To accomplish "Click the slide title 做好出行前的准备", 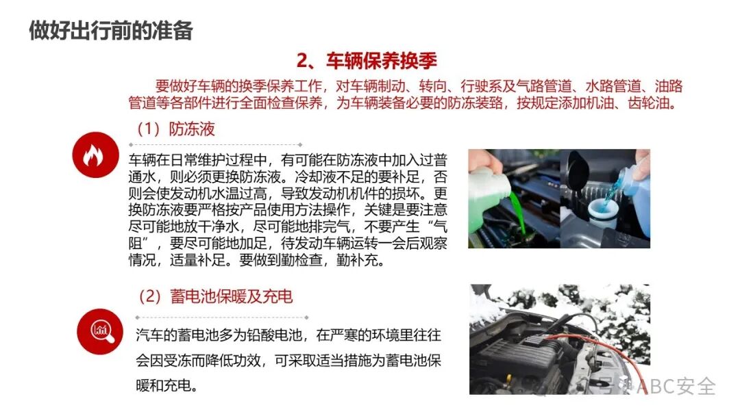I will click(110, 31).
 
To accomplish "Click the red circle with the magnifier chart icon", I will click(100, 331).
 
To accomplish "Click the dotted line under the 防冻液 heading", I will click(215, 145).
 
